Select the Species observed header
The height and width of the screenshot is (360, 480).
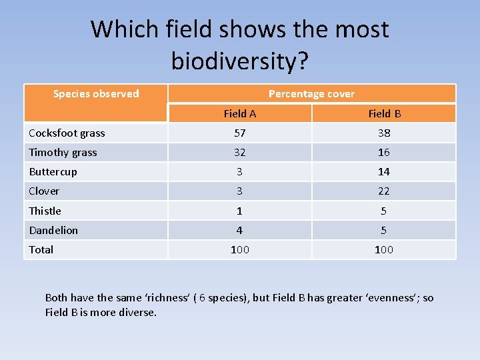click(96, 94)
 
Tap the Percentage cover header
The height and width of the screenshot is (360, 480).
click(311, 94)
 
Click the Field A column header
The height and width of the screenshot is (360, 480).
click(239, 113)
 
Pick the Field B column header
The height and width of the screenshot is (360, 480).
click(384, 113)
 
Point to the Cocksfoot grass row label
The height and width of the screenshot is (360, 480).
click(67, 133)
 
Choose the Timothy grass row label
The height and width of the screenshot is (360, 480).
click(63, 153)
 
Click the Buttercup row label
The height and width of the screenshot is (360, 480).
click(53, 172)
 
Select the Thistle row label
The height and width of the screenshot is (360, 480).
click(45, 211)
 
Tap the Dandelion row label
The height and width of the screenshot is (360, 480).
click(53, 230)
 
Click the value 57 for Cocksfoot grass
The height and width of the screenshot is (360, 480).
click(239, 133)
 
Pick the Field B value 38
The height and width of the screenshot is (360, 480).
click(384, 133)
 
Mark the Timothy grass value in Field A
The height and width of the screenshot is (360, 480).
click(239, 153)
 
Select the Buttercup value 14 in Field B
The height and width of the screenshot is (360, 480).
click(384, 172)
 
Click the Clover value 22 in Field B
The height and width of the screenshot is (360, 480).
click(384, 191)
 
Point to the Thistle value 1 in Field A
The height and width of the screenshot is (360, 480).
click(239, 211)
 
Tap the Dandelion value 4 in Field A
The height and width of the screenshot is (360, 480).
click(239, 230)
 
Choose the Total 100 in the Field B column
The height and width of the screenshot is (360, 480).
click(384, 249)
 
